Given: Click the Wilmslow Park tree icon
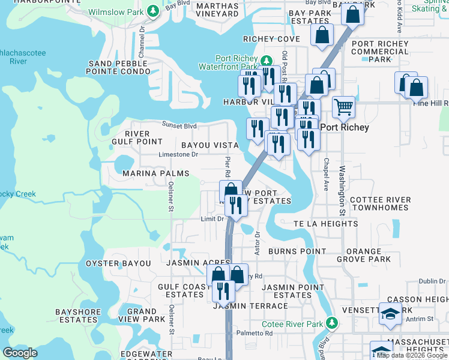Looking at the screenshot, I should [x=153, y=11].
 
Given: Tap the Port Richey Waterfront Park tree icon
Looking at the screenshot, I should [x=267, y=61].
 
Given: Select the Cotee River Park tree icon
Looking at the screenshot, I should [x=331, y=324].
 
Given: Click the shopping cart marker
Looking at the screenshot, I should [x=343, y=108].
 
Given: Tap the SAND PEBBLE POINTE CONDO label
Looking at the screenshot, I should [x=119, y=67].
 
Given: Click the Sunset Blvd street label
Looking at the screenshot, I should [x=179, y=125].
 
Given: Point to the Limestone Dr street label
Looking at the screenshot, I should [x=178, y=154].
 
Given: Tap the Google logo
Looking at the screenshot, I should [x=20, y=353].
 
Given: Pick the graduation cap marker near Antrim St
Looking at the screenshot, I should [x=390, y=314].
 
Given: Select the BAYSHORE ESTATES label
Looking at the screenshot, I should [x=77, y=316].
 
